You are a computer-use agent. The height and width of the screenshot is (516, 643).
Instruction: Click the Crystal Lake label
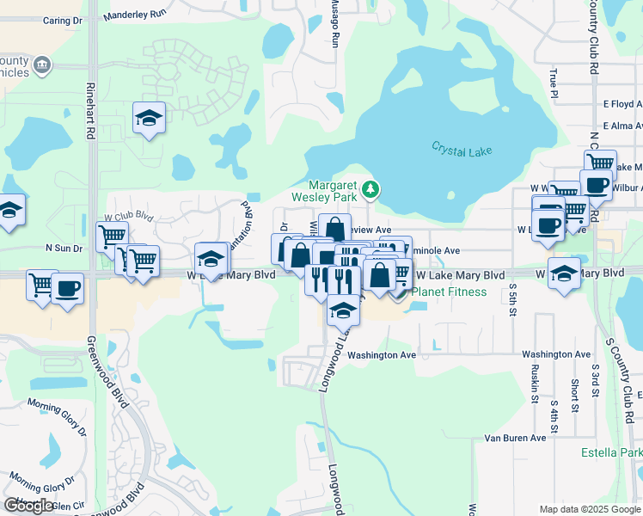462,150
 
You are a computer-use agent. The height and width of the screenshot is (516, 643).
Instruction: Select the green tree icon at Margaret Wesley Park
370,188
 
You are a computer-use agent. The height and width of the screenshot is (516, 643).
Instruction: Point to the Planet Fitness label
449,292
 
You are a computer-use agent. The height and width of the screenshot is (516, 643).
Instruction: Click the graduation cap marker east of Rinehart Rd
149,119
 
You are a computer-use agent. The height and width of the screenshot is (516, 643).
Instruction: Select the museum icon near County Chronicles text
41,64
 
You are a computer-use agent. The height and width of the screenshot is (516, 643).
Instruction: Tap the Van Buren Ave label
515,438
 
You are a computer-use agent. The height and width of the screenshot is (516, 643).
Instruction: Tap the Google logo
28,506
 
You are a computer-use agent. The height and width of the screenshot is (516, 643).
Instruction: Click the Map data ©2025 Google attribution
590,509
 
